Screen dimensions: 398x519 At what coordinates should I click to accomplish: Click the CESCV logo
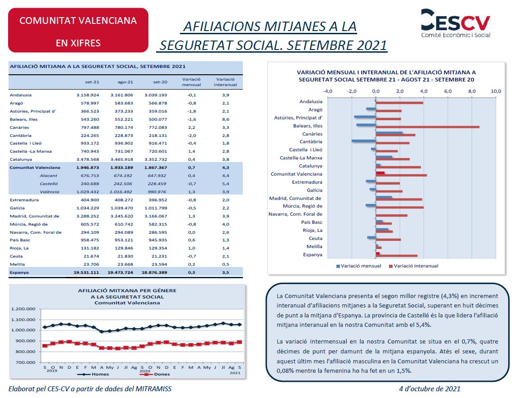pos(455,23)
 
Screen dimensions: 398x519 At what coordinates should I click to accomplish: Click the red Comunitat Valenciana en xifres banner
pos(78,31)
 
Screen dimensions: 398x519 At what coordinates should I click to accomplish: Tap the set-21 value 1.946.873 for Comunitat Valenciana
pos(87,167)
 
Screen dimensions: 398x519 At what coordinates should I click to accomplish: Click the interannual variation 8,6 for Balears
pos(225,119)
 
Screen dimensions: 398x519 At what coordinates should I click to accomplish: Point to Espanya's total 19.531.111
pos(86,272)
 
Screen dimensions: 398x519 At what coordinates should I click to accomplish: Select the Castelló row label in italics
pos(49,184)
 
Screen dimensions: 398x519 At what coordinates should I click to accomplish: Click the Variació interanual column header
pos(225,81)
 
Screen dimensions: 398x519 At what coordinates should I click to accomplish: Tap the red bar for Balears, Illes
pos(427,127)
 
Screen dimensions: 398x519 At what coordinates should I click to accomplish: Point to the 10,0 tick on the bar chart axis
pos(496,91)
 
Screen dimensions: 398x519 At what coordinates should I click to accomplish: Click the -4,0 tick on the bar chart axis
pos(328,91)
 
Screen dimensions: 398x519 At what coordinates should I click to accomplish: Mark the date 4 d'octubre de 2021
pos(430,389)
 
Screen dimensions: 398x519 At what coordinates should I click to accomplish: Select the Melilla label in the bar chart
pos(314,246)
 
